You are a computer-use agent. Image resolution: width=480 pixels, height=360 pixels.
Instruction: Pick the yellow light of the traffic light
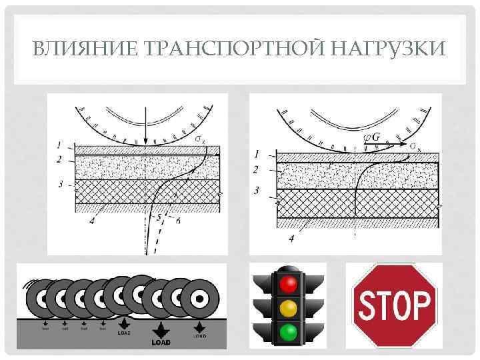click(288, 309)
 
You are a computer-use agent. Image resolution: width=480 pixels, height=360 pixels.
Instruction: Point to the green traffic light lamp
click(288, 332)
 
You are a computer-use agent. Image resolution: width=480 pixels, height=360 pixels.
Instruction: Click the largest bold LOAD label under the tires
click(161, 342)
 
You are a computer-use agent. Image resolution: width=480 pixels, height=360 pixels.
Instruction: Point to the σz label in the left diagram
click(201, 139)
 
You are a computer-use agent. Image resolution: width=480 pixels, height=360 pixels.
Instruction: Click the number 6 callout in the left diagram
click(177, 221)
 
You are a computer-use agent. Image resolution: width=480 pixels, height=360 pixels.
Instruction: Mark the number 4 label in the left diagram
click(91, 222)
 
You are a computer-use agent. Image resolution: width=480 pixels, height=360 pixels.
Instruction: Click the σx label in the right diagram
click(415, 145)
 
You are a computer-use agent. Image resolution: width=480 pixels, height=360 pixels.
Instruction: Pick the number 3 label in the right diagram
click(257, 191)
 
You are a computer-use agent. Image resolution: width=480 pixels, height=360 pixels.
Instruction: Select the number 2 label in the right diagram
click(256, 170)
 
